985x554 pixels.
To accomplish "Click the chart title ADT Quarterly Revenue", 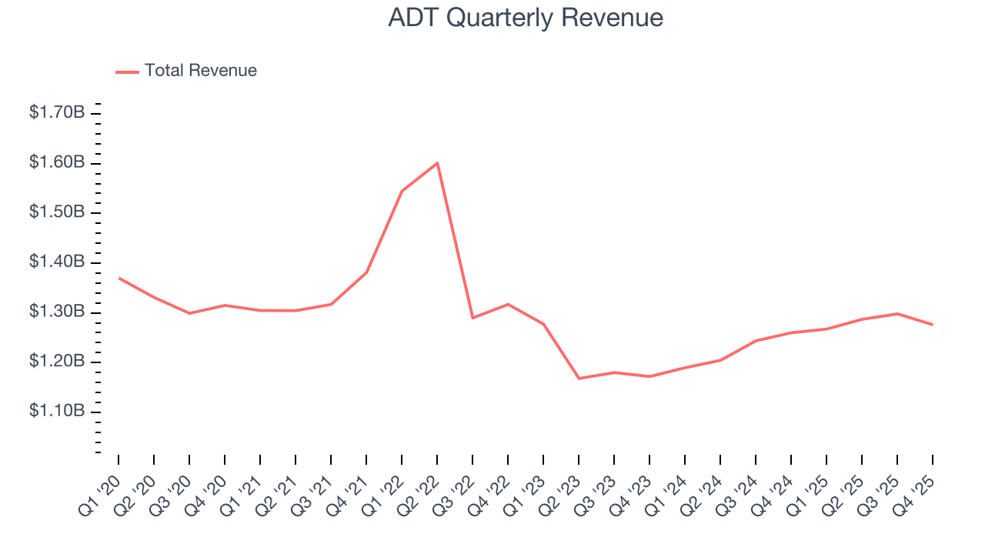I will [526, 18].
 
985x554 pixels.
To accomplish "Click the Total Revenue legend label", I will [200, 71].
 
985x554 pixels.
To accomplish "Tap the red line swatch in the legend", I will [127, 72].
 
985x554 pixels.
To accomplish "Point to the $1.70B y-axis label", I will [57, 112].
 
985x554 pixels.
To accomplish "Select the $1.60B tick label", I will [57, 162].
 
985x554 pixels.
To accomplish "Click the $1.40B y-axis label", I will [57, 262].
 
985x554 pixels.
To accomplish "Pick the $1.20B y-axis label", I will [57, 362].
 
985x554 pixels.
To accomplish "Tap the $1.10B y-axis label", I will [57, 412].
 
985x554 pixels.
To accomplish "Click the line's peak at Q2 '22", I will [437, 163].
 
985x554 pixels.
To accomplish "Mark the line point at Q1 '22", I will [402, 191].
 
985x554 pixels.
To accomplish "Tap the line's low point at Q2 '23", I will [579, 379].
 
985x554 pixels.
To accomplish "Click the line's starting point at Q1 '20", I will [119, 278].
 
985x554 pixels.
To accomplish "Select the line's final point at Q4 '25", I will [933, 325].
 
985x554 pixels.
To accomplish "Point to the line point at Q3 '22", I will [472, 318].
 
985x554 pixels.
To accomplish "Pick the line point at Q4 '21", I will [366, 272].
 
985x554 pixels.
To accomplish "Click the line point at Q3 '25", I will [897, 313].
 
